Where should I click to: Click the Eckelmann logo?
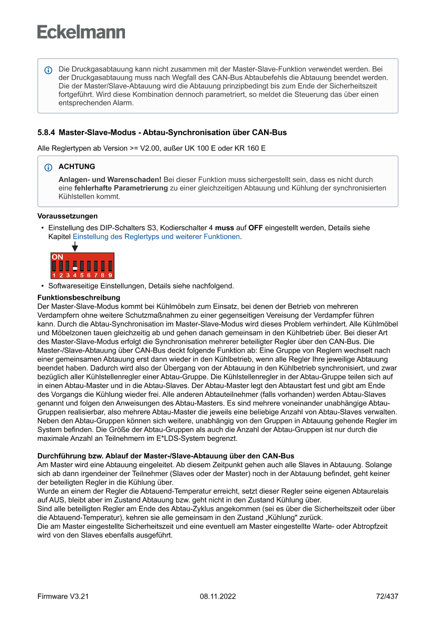(81, 32)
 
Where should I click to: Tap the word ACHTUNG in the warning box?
(77, 167)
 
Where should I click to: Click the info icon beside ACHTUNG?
(49, 167)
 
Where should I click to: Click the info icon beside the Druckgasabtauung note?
(49, 70)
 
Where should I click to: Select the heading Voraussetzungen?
(67, 216)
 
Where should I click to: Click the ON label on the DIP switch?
(57, 256)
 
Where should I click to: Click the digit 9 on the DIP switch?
(110, 275)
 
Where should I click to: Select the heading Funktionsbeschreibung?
(79, 298)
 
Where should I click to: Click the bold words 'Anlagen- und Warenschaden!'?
(110, 179)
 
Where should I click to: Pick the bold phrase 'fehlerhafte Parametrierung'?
(121, 188)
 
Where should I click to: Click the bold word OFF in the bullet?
(255, 228)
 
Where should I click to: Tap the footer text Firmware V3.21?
(63, 596)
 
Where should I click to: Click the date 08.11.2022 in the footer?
(218, 596)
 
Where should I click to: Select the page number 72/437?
(387, 596)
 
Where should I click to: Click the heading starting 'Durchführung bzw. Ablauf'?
(166, 455)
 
